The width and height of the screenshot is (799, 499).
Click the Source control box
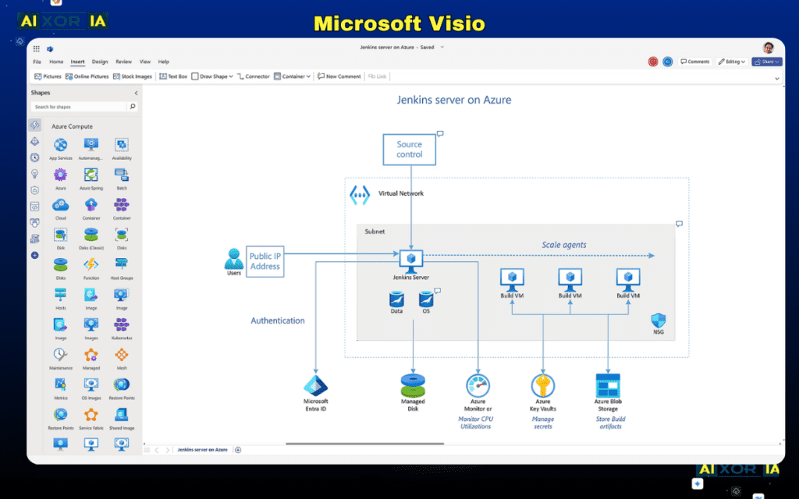(x=409, y=149)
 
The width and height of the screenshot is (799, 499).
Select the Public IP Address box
(x=265, y=261)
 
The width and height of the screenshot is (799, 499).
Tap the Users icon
(x=233, y=258)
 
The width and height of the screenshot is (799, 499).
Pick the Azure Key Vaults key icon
(x=542, y=385)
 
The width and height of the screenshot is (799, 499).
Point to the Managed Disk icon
(x=413, y=384)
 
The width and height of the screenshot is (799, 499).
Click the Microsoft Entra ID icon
(x=315, y=386)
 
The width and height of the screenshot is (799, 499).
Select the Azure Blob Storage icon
(x=607, y=385)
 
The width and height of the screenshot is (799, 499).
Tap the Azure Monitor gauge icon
(x=478, y=385)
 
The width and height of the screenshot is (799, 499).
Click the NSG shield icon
(x=658, y=320)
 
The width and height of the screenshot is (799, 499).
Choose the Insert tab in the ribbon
(x=77, y=62)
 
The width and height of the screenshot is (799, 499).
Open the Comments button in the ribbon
(x=694, y=62)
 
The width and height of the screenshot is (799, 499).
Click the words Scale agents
(x=563, y=245)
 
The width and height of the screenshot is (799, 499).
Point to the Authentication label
(x=277, y=320)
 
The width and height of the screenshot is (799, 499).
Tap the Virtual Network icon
(x=359, y=194)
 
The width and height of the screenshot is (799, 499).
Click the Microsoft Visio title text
(x=399, y=23)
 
